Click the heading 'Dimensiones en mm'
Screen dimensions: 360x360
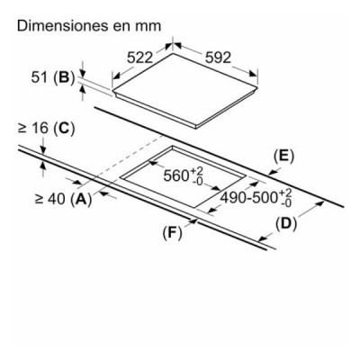coord(89,26)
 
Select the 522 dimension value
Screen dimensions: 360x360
coord(139,58)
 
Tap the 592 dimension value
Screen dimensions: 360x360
coord(218,58)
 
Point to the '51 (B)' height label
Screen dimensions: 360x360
coord(53,77)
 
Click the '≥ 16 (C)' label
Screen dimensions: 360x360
coord(47,129)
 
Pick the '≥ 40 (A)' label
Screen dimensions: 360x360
coord(64,199)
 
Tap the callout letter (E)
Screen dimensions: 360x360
coord(283,157)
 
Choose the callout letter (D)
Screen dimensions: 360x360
coord(286,223)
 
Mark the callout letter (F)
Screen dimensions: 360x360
coord(172,233)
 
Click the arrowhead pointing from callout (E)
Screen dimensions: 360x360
coord(273,173)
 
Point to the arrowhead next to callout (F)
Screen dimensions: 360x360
coord(193,221)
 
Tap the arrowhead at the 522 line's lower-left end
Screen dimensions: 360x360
coord(116,76)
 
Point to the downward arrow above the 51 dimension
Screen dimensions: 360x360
coord(83,69)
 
